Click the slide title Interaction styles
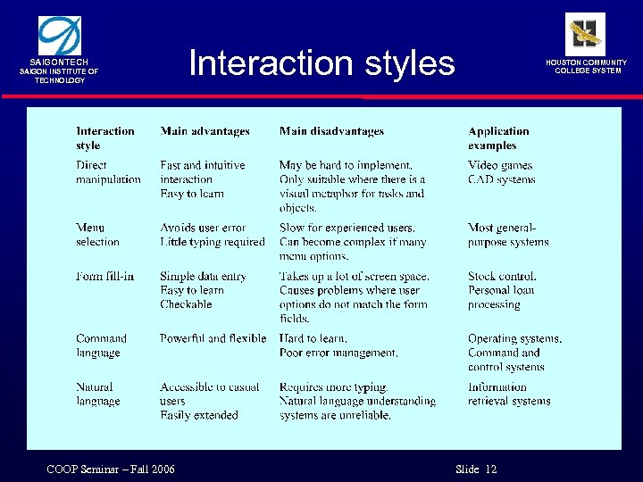pyautogui.click(x=321, y=63)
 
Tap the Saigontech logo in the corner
pyautogui.click(x=59, y=36)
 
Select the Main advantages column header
pyautogui.click(x=205, y=131)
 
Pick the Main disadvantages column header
pyautogui.click(x=331, y=131)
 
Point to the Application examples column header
pyautogui.click(x=498, y=138)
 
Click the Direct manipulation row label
pyautogui.click(x=108, y=172)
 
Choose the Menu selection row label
pyautogui.click(x=97, y=235)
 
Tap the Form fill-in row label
pyautogui.click(x=104, y=276)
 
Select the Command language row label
pyautogui.click(x=101, y=345)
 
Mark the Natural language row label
pyautogui.click(x=97, y=394)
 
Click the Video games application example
pyautogui.click(x=499, y=165)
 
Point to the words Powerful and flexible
pyautogui.click(x=213, y=338)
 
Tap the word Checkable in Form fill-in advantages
pyautogui.click(x=186, y=304)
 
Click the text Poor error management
pyautogui.click(x=338, y=353)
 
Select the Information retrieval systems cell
pyautogui.click(x=509, y=394)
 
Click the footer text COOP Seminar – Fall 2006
pyautogui.click(x=111, y=470)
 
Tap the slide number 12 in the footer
pyautogui.click(x=491, y=470)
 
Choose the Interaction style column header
pyautogui.click(x=104, y=138)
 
